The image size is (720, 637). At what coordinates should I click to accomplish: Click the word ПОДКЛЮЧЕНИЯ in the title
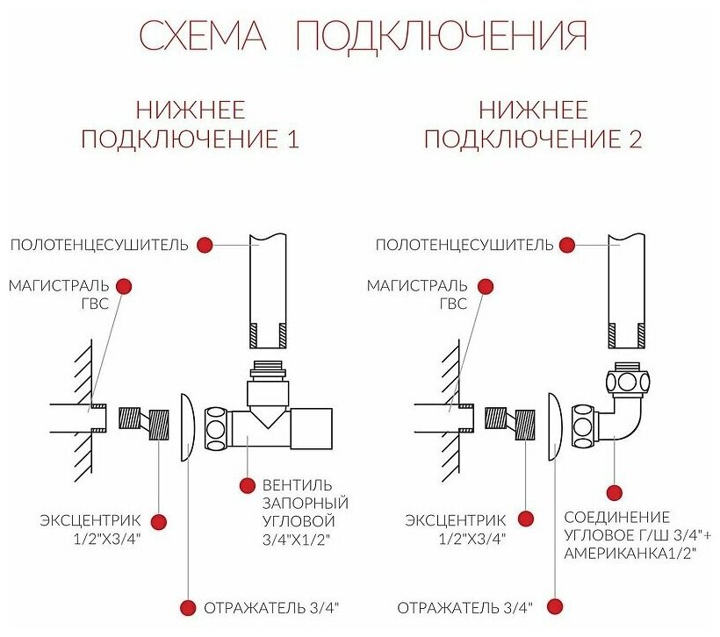pyautogui.click(x=441, y=36)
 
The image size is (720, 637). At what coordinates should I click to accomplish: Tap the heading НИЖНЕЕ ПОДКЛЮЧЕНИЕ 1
pyautogui.click(x=191, y=125)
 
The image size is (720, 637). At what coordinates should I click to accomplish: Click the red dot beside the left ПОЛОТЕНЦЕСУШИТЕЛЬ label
pyautogui.click(x=205, y=245)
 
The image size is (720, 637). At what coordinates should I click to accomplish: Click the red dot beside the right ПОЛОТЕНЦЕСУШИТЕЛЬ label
pyautogui.click(x=569, y=245)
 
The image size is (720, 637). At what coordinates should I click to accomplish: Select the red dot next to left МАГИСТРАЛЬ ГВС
pyautogui.click(x=124, y=286)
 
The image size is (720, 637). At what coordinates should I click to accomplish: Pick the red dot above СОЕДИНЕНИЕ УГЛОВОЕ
pyautogui.click(x=615, y=493)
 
